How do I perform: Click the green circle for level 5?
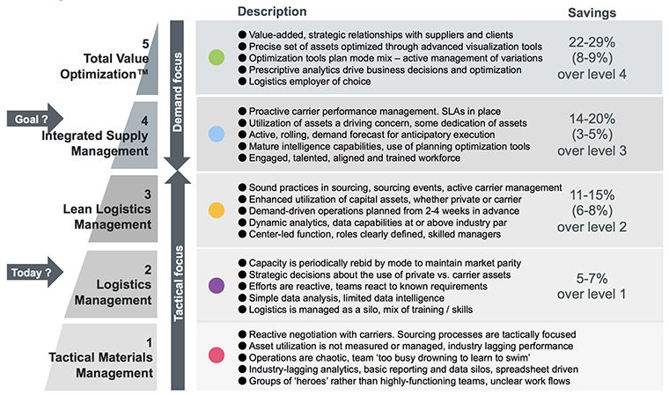click(x=217, y=57)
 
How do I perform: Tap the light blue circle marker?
click(x=217, y=134)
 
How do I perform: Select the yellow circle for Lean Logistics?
click(x=217, y=210)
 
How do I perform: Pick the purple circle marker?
click(x=217, y=285)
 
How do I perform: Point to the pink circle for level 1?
click(x=217, y=355)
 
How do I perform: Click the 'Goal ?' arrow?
click(x=35, y=119)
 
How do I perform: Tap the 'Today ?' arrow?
click(x=35, y=272)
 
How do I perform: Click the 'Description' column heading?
click(x=272, y=11)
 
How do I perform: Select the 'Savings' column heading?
click(x=592, y=13)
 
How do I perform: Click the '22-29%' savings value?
click(x=592, y=42)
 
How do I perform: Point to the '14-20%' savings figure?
click(x=592, y=119)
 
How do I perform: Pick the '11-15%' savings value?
click(x=592, y=195)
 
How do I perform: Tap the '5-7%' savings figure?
click(x=592, y=279)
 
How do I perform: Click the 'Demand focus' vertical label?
click(x=177, y=92)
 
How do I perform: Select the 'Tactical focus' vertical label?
click(x=178, y=282)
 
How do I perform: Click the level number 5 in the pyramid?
click(x=145, y=44)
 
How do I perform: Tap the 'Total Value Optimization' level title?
click(x=105, y=66)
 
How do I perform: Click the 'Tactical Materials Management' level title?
click(x=100, y=365)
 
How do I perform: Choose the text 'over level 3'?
click(x=592, y=150)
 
